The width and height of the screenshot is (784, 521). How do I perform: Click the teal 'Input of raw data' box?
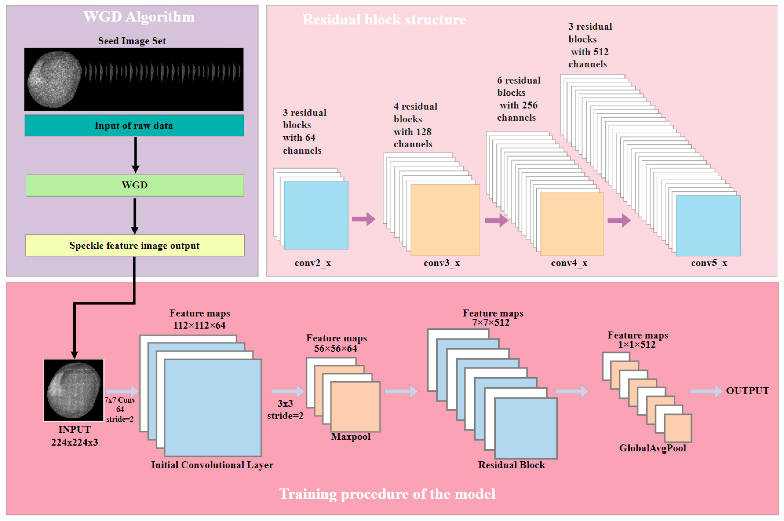[134, 126]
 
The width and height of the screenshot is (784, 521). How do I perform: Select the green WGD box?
[135, 185]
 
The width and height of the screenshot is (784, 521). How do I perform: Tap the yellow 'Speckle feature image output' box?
[135, 246]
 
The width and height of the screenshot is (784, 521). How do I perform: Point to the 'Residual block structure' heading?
[384, 20]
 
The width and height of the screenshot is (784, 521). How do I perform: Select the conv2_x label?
[313, 263]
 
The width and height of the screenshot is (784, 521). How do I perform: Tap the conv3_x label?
[442, 263]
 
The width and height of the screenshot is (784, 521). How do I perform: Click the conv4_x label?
[569, 263]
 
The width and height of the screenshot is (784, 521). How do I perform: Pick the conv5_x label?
[709, 263]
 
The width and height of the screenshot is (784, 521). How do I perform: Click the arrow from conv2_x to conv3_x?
[364, 219]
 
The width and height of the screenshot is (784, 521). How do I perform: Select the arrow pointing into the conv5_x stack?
[619, 220]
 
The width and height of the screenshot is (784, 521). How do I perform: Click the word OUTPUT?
[747, 391]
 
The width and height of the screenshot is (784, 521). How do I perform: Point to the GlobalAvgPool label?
[652, 448]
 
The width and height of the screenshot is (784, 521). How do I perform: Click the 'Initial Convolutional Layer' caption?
[212, 465]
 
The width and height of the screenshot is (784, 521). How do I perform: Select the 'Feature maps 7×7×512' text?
[493, 318]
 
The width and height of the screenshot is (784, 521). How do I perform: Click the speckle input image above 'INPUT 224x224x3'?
[74, 390]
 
